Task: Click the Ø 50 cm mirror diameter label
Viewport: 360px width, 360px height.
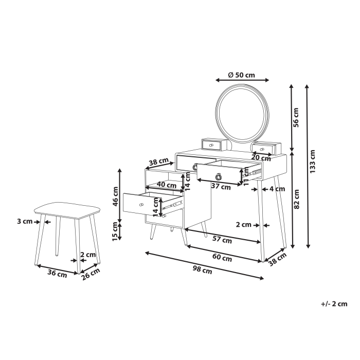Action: [x=242, y=75]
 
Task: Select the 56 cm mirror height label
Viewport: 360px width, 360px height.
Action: [x=296, y=116]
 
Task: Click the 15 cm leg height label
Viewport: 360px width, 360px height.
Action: [x=116, y=230]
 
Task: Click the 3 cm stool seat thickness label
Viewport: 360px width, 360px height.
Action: [x=24, y=222]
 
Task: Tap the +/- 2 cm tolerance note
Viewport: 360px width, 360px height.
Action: [x=334, y=304]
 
